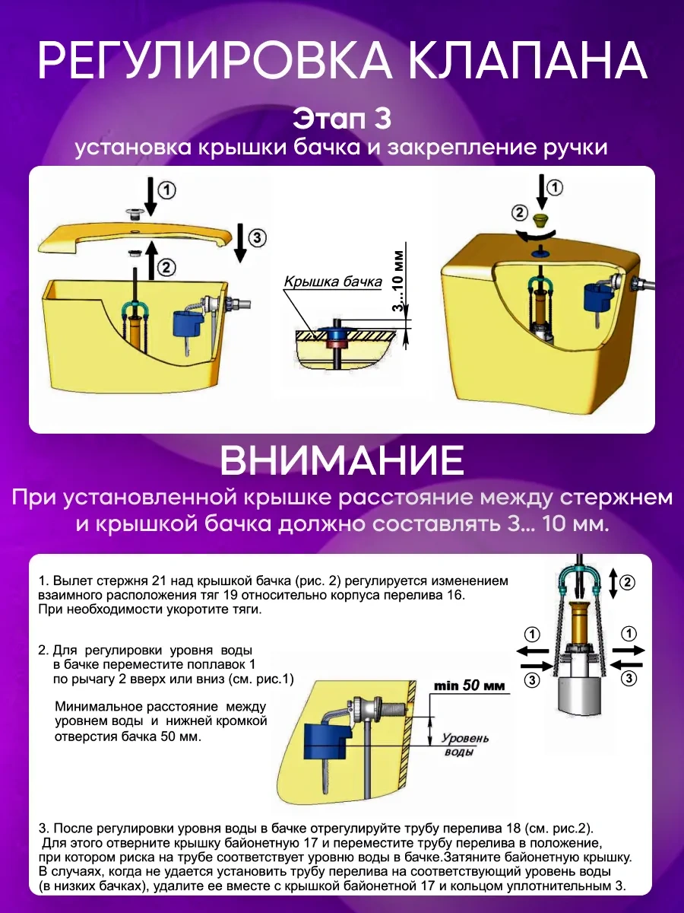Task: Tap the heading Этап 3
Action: (342, 118)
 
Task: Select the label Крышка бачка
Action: (333, 282)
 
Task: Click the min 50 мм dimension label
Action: (469, 686)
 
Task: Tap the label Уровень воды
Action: (464, 745)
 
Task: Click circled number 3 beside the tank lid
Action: (257, 237)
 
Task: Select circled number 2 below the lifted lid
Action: (166, 267)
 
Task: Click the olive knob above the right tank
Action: (540, 219)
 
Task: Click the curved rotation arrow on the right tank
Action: (538, 235)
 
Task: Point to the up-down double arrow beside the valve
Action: (613, 584)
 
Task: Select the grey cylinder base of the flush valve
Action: (579, 693)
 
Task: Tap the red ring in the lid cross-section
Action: (337, 345)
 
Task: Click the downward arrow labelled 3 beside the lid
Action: (239, 243)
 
